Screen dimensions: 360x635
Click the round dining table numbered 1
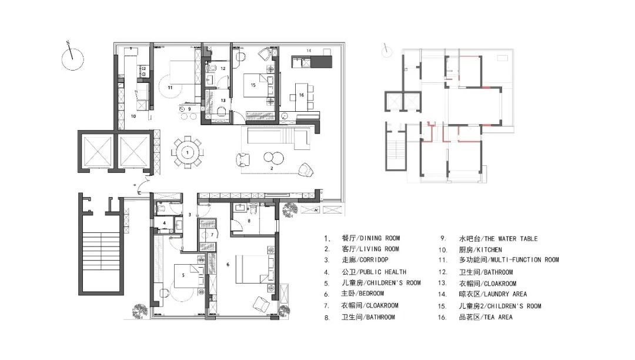[x=187, y=152]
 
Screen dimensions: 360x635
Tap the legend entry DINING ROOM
[x=370, y=238]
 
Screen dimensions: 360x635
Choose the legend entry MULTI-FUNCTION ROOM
[x=517, y=260]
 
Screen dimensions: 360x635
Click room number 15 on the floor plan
[x=253, y=85]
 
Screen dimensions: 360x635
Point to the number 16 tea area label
[x=300, y=95]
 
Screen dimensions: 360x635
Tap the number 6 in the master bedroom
[x=228, y=264]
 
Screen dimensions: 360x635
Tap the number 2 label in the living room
[x=271, y=169]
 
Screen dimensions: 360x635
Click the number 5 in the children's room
[x=184, y=275]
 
